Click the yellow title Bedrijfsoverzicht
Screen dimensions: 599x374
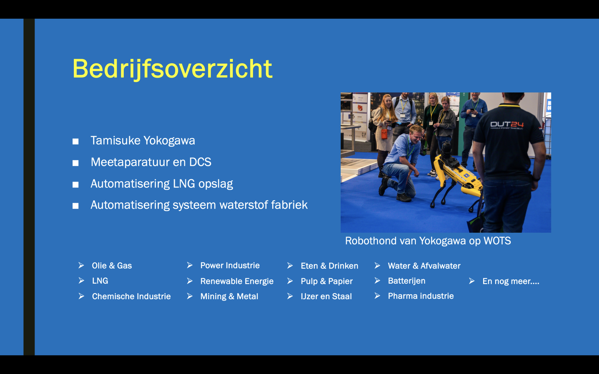172,69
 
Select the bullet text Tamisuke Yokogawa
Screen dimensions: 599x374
143,141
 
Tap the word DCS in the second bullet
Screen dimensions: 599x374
200,162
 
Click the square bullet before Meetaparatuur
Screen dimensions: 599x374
76,163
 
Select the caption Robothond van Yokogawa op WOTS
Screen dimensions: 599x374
428,241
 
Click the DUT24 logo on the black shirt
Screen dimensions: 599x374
507,125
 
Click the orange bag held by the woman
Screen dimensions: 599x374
384,134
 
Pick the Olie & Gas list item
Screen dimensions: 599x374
112,266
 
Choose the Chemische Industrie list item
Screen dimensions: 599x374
131,296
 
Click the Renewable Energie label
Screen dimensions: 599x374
237,281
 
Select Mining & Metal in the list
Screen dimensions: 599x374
229,296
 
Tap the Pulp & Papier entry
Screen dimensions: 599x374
327,281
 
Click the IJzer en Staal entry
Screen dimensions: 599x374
326,296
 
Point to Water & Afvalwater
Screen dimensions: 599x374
424,266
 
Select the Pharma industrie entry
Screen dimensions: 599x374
421,296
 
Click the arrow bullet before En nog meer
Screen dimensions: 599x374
472,281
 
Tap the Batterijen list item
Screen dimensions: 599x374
407,281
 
